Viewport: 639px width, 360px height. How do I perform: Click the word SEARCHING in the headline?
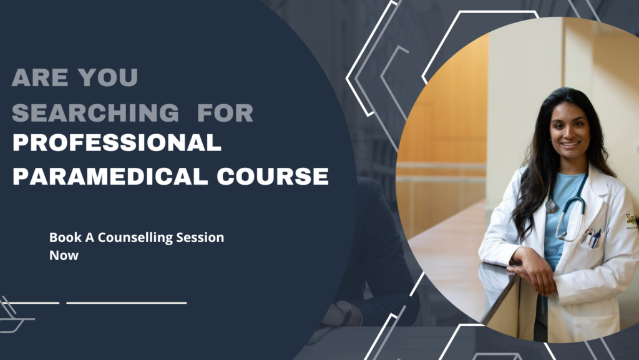click(x=95, y=113)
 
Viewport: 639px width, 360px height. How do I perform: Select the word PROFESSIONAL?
click(x=117, y=144)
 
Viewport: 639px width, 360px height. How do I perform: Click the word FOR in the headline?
click(x=225, y=113)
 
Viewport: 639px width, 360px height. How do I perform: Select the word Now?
click(x=64, y=255)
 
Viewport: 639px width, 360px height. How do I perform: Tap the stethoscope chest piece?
click(x=552, y=207)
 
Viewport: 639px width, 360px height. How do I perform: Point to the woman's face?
click(x=568, y=133)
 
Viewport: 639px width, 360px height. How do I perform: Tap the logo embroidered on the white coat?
click(x=631, y=220)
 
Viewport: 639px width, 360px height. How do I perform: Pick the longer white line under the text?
click(x=127, y=303)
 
